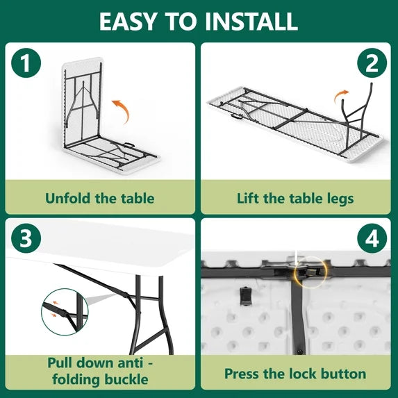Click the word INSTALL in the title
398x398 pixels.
click(x=251, y=22)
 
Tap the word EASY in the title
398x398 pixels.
click(x=127, y=22)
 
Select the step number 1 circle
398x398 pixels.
click(x=26, y=63)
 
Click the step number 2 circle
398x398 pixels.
click(x=372, y=63)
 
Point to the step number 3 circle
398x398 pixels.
click(x=26, y=238)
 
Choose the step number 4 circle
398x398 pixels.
click(x=372, y=238)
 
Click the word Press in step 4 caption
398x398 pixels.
click(x=242, y=374)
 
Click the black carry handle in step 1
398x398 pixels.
click(x=129, y=145)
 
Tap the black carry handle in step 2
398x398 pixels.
click(x=237, y=117)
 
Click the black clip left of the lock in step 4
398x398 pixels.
click(x=245, y=296)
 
